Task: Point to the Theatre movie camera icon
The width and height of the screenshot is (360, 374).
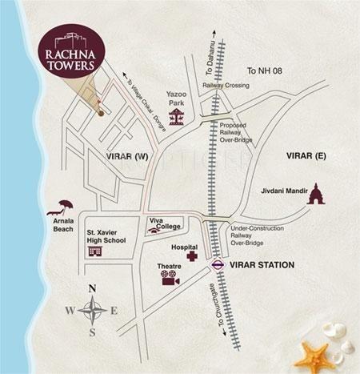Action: click(x=168, y=278)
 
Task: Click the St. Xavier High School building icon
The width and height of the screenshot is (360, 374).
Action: click(x=94, y=252)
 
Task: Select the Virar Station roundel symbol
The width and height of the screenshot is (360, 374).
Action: click(x=217, y=263)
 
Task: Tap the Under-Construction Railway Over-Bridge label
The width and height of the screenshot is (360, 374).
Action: click(x=257, y=232)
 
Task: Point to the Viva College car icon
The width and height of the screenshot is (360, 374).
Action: click(x=152, y=231)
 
